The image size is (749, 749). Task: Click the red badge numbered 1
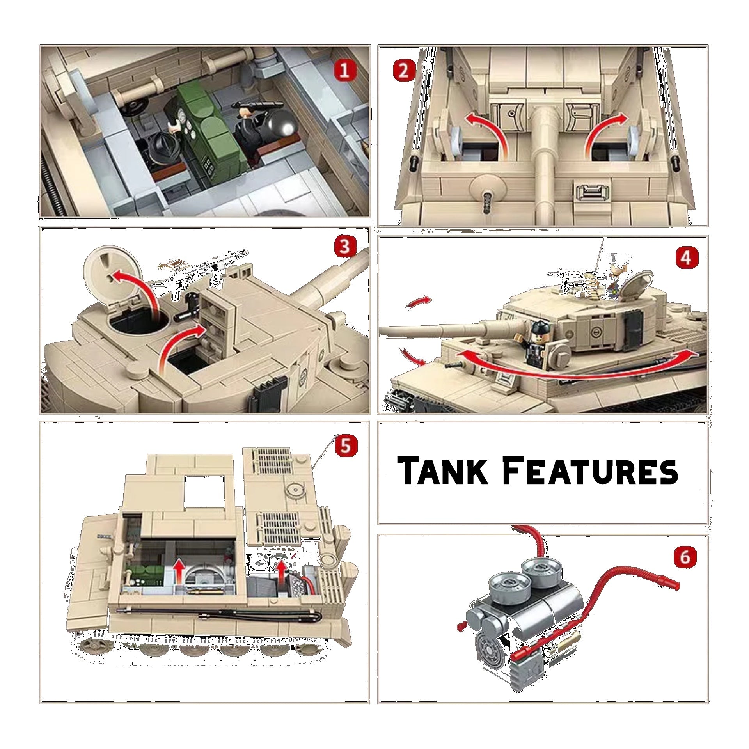point(344,71)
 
